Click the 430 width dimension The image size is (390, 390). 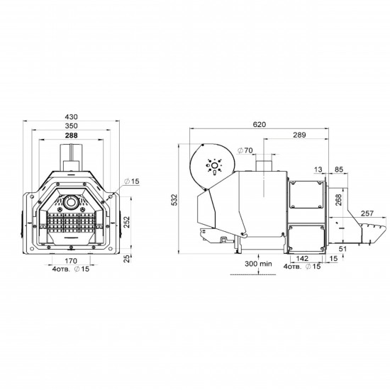click(71, 117)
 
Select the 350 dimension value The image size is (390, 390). click(71, 126)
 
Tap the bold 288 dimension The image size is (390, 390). click(71, 135)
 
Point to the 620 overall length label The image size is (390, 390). click(259, 124)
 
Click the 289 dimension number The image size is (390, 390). click(299, 135)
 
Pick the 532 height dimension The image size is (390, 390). click(175, 200)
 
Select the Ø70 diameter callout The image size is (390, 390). click(245, 150)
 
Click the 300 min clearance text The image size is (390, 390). click(258, 264)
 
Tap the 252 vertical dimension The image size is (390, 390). click(127, 223)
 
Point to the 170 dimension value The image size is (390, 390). click(71, 261)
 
